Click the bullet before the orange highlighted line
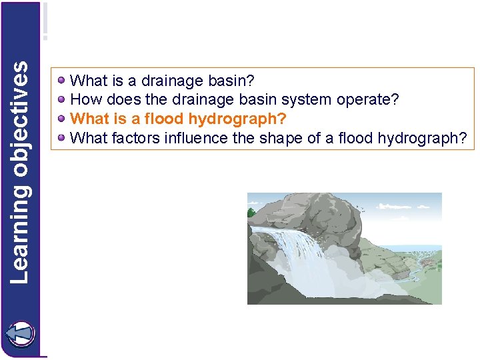(62, 119)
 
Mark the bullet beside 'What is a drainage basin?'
(62, 81)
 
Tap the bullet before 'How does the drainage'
(62, 100)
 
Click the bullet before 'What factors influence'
(62, 139)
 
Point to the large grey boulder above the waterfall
(313, 213)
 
